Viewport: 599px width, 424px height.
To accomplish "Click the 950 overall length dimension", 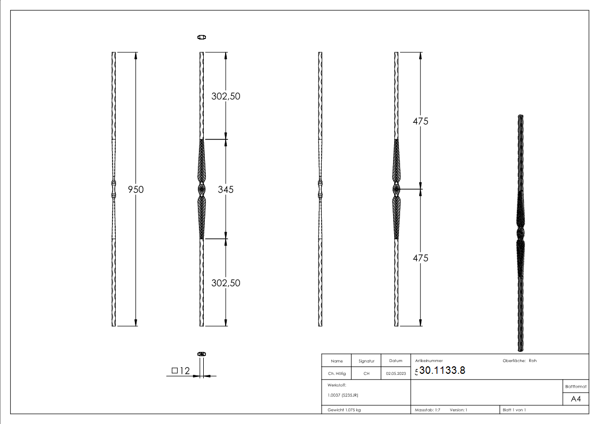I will point(135,189).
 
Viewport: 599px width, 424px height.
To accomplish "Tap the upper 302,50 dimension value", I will point(226,96).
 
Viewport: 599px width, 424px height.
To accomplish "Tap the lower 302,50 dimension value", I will point(226,282).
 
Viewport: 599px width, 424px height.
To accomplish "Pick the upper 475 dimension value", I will point(421,121).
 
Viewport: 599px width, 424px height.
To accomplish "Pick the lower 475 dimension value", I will point(421,258).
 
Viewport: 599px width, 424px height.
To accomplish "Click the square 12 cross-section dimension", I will point(181,371).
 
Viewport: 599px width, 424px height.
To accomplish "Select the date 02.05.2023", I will point(395,374).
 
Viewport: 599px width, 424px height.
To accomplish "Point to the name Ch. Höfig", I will point(336,374).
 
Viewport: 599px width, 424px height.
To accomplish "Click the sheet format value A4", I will point(576,399).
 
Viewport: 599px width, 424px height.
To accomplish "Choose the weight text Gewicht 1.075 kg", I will point(345,410).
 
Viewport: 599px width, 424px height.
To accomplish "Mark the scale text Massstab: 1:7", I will point(427,410).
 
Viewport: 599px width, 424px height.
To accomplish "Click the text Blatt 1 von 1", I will point(514,410).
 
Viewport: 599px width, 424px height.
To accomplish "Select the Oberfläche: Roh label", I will point(519,360).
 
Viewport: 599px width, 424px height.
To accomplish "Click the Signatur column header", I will point(366,361).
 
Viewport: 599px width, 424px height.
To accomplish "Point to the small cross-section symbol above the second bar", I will point(202,37).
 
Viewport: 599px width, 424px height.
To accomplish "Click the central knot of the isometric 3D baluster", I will point(520,234).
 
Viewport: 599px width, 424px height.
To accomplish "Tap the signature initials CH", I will point(366,374).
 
